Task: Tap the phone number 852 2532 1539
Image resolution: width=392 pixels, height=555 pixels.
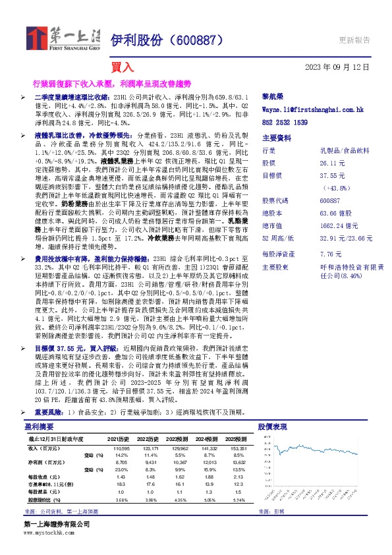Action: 285,123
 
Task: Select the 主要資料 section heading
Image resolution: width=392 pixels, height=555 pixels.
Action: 276,138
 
